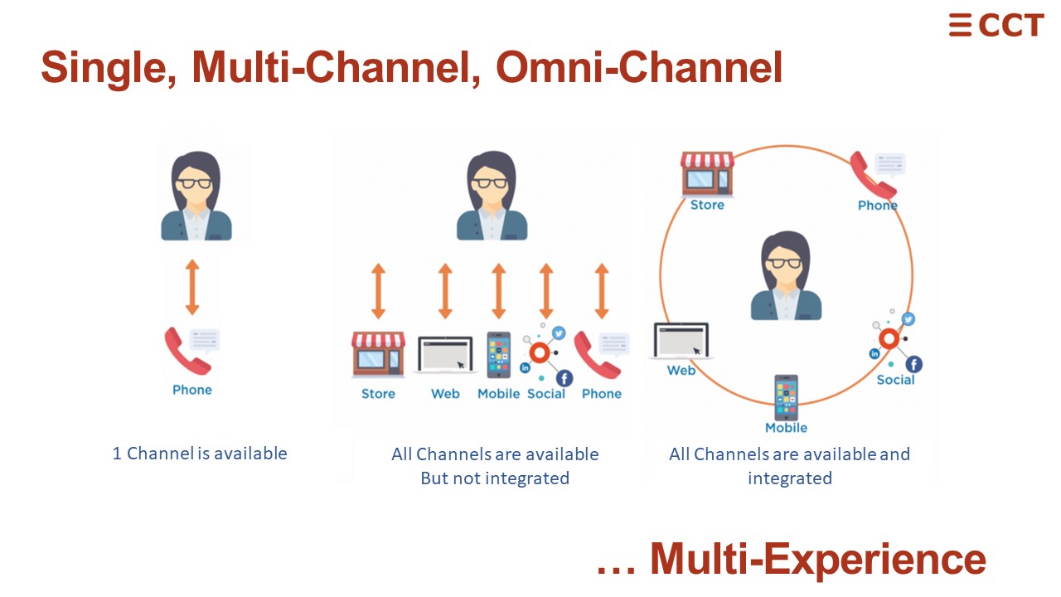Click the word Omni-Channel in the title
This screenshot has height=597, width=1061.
point(639,68)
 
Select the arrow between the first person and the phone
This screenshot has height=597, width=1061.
point(192,287)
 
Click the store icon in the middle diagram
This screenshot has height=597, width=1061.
point(378,354)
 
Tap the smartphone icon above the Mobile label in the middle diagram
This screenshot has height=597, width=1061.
point(498,355)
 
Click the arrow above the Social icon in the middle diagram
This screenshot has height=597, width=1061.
point(546,291)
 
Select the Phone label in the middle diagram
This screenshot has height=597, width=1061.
point(601,394)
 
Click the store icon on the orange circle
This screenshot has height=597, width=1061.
point(707,173)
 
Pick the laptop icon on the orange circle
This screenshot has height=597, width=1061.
point(679,341)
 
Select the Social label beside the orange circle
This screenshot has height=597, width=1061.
point(895,380)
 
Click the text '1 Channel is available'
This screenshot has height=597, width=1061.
point(200,454)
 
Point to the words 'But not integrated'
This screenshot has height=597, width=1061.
point(494,478)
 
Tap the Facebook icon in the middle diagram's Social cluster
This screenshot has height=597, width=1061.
point(564,378)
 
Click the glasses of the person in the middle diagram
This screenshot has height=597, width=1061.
point(491,182)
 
